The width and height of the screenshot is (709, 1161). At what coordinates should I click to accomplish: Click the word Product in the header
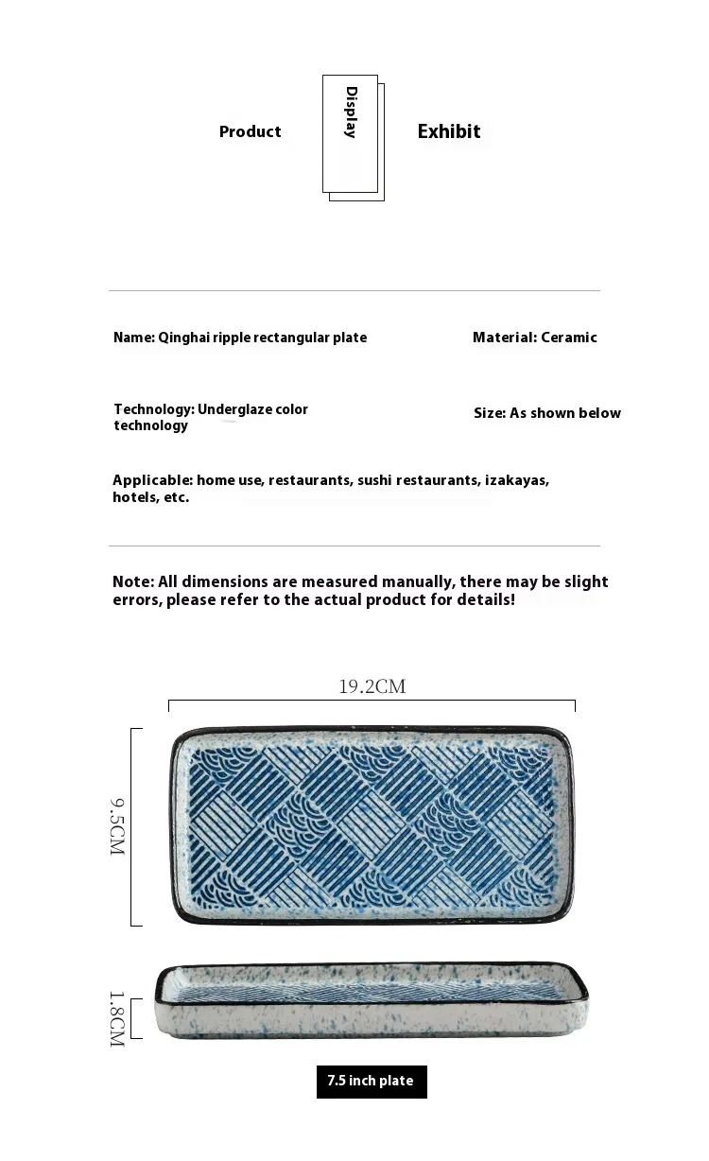[250, 131]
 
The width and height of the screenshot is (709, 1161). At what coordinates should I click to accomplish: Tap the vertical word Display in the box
[351, 113]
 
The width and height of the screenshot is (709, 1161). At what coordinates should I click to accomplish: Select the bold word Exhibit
[449, 131]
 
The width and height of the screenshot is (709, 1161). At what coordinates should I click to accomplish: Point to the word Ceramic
[569, 338]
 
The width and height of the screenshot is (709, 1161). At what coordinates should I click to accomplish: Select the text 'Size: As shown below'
[547, 413]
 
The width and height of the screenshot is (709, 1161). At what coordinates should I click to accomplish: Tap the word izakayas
[516, 480]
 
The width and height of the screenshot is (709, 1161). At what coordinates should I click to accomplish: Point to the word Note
[131, 581]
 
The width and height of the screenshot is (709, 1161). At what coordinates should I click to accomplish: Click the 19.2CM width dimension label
[372, 686]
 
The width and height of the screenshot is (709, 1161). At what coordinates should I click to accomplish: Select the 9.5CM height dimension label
[117, 827]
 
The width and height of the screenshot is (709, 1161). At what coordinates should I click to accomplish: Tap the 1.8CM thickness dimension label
[117, 1018]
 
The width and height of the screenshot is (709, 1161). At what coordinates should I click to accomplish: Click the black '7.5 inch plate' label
[371, 1081]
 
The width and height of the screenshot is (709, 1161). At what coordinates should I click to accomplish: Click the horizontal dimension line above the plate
[372, 702]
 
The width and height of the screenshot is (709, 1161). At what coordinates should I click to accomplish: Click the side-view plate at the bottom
[372, 1002]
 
